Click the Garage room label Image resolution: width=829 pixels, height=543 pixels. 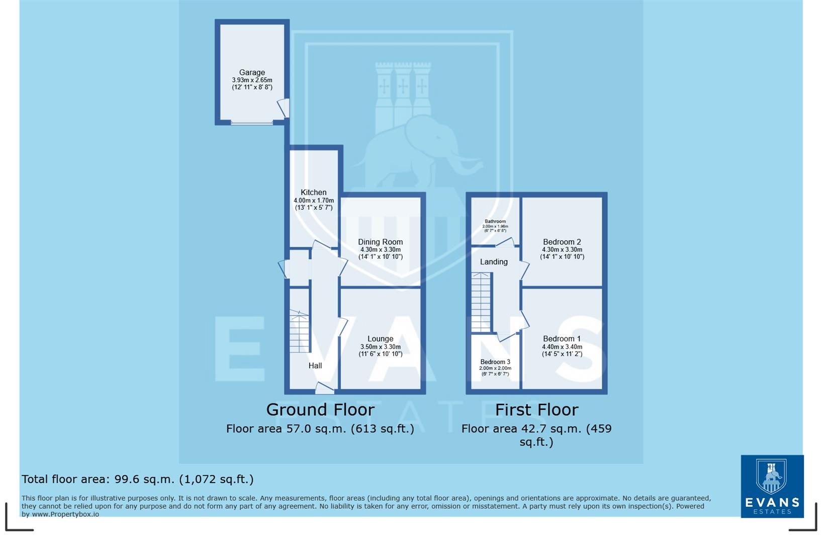pyautogui.click(x=252, y=72)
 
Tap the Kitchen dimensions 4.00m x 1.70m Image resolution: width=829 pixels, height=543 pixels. pyautogui.click(x=314, y=200)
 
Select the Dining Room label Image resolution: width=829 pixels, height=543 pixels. pyautogui.click(x=380, y=242)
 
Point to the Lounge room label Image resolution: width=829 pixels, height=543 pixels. pyautogui.click(x=380, y=339)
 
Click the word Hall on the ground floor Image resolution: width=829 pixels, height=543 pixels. pyautogui.click(x=315, y=366)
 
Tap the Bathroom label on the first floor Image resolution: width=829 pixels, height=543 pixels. pyautogui.click(x=495, y=221)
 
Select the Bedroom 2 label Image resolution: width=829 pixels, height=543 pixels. pyautogui.click(x=562, y=242)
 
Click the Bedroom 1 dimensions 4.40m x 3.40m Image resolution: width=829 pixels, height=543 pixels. pyautogui.click(x=562, y=347)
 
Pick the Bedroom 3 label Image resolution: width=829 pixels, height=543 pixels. pyautogui.click(x=495, y=362)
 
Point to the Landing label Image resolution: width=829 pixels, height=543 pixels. pyautogui.click(x=494, y=262)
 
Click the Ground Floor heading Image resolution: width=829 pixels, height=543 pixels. pyautogui.click(x=320, y=410)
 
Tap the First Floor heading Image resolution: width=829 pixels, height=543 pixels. pyautogui.click(x=536, y=410)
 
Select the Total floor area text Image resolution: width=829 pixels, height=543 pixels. pyautogui.click(x=137, y=479)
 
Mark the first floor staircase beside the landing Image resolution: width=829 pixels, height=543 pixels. pyautogui.click(x=481, y=302)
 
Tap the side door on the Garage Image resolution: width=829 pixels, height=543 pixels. pyautogui.click(x=284, y=108)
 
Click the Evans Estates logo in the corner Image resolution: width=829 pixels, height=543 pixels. pyautogui.click(x=772, y=486)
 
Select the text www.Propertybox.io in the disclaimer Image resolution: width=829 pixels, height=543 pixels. pyautogui.click(x=65, y=514)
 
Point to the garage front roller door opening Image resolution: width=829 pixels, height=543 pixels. pyautogui.click(x=252, y=122)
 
